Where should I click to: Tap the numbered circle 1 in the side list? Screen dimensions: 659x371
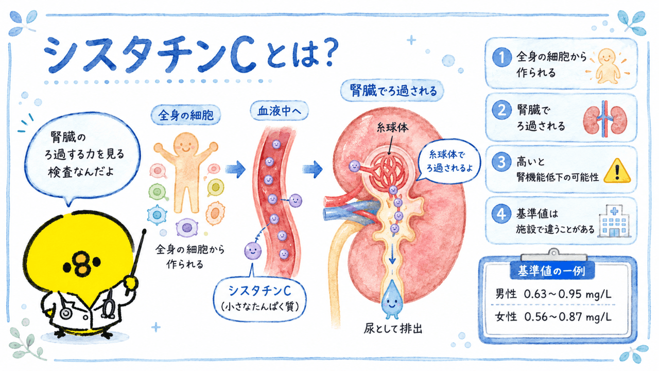501,57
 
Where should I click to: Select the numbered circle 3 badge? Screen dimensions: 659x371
501,162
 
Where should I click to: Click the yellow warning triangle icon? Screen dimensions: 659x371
617,172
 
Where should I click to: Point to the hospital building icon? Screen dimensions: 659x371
614,221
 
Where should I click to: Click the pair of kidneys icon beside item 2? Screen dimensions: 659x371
605,119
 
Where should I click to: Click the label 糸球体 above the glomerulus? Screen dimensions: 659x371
392,128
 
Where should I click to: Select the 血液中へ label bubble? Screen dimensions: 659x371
279,111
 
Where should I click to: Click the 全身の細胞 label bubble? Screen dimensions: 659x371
186,115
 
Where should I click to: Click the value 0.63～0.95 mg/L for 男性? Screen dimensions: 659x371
568,294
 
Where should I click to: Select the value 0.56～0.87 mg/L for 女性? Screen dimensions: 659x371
568,317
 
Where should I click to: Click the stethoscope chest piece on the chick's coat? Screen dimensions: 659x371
66,313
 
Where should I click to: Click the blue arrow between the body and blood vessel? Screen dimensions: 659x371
235,170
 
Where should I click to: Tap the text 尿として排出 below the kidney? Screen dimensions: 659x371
393,329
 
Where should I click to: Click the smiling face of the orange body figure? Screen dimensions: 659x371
186,144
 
